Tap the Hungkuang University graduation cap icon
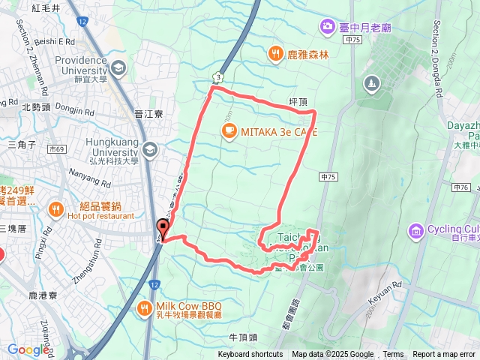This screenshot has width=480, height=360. (151, 151)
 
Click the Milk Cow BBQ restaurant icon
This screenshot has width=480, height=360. (145, 307)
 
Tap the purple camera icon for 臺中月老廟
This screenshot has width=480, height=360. (327, 28)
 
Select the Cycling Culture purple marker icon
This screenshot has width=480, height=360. (415, 229)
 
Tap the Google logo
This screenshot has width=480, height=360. (28, 349)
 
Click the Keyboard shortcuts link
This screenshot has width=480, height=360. (250, 355)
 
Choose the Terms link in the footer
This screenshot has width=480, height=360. (393, 355)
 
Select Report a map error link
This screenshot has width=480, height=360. (444, 355)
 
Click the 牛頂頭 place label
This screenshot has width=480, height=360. (243, 337)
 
